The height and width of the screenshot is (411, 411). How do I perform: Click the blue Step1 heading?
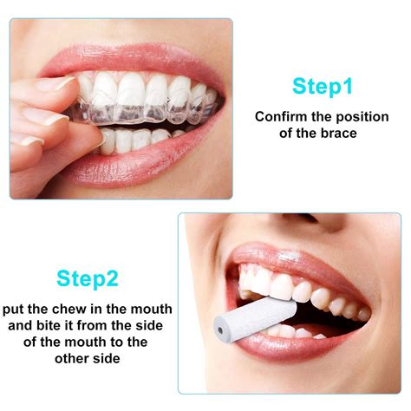coord(323,86)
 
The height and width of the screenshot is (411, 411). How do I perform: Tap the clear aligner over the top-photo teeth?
coord(147,113)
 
